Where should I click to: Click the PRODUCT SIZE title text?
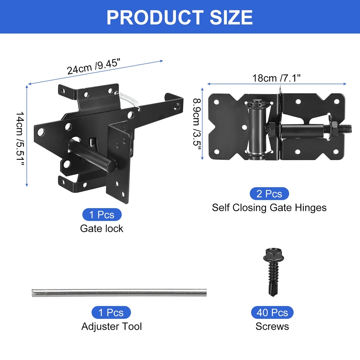pyautogui.click(x=180, y=17)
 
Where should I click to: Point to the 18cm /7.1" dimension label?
pyautogui.click(x=276, y=78)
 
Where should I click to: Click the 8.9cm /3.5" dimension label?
pyautogui.click(x=197, y=124)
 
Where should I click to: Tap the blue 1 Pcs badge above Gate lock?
pyautogui.click(x=102, y=215)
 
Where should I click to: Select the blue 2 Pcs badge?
pyautogui.click(x=269, y=194)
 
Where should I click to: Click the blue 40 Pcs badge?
pyautogui.click(x=272, y=312)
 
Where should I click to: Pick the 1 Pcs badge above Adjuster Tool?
pyautogui.click(x=111, y=312)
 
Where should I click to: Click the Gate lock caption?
pyautogui.click(x=102, y=228)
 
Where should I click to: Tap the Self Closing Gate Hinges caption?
pyautogui.click(x=269, y=207)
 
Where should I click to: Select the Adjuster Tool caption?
pyautogui.click(x=111, y=326)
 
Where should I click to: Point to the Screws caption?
pyautogui.click(x=272, y=326)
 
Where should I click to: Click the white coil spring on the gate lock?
pyautogui.click(x=130, y=100)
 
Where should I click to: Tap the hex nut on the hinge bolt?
pyautogui.click(x=273, y=130)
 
